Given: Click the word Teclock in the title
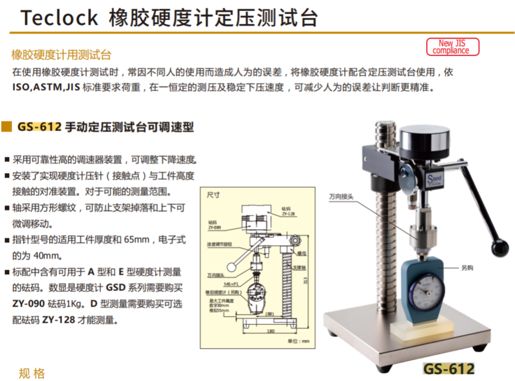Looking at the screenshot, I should click(59, 18).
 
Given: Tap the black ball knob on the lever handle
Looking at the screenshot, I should click(499, 247).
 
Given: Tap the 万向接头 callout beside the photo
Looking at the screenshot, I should click(341, 197).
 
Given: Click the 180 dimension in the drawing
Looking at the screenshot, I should click(271, 331).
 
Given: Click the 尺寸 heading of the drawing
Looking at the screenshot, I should click(213, 195).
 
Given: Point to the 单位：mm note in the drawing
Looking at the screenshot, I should click(298, 341).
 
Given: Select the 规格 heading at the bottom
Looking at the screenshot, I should click(32, 374).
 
